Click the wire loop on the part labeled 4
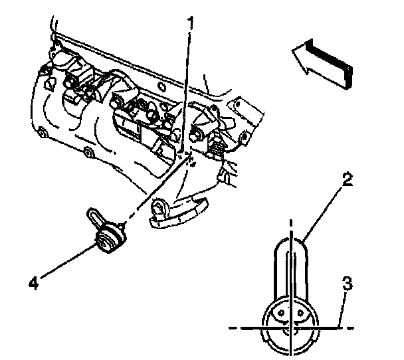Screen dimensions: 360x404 pos(94,217)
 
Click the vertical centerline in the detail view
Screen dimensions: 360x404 pos(290,279)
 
